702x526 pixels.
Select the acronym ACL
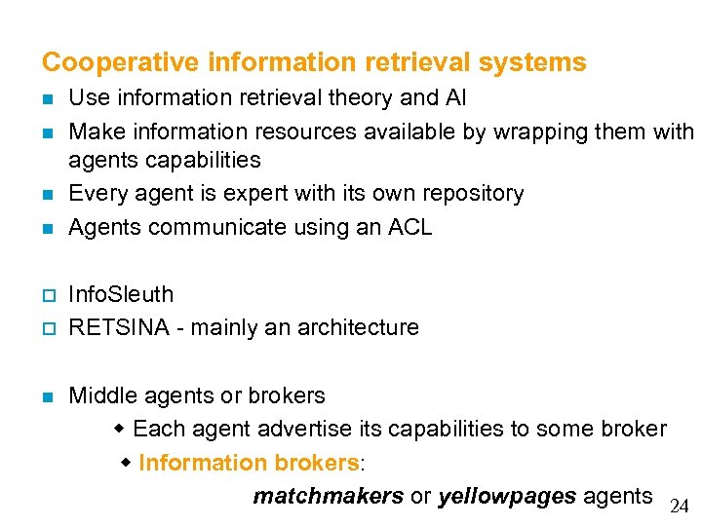tap(408, 228)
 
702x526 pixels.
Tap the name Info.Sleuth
tap(121, 294)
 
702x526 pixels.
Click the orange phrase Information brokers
tap(249, 463)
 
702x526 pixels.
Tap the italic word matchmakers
tap(328, 497)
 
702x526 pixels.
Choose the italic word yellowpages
tap(506, 497)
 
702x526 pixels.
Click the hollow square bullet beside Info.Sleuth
tap(47, 295)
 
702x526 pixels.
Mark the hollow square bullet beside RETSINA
tap(47, 328)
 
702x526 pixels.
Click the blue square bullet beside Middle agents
tap(47, 396)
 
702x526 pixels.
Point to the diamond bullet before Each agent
tap(120, 429)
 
